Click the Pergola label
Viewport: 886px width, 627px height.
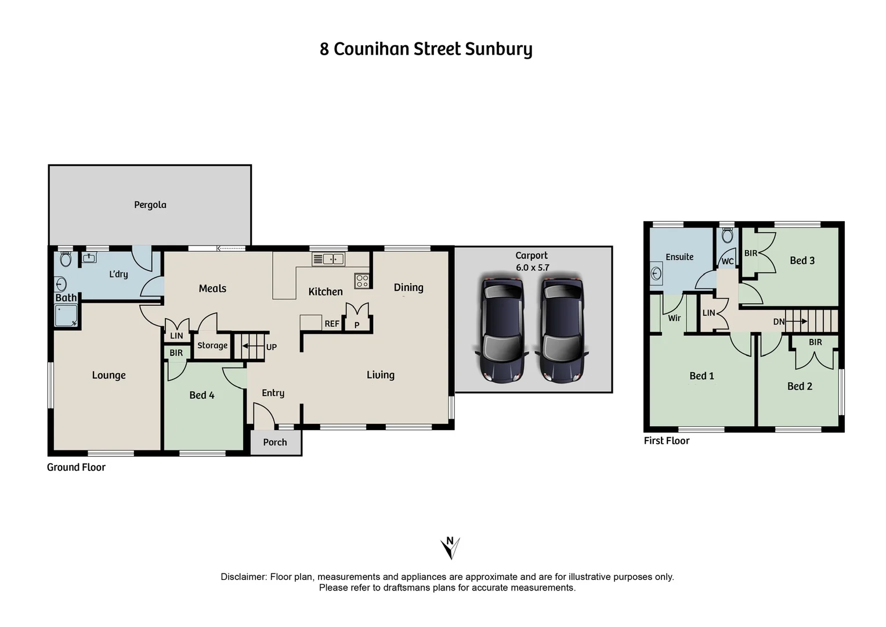[x=150, y=205]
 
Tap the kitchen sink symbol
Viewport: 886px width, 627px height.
[x=328, y=259]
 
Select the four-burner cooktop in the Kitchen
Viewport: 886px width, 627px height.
[x=362, y=282]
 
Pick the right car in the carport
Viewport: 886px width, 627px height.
[x=562, y=329]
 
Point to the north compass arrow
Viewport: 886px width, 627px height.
[x=450, y=547]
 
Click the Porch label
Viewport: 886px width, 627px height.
[x=275, y=442]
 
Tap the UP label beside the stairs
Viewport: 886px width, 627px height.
[x=272, y=347]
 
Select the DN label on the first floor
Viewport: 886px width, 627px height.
[x=779, y=322]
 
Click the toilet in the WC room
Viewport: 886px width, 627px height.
[x=728, y=235]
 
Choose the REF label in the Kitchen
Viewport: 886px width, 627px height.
[x=332, y=324]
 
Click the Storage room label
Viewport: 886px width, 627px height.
[x=212, y=345]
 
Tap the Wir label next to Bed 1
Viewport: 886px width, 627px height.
[x=674, y=318]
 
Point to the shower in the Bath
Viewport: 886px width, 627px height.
[x=65, y=316]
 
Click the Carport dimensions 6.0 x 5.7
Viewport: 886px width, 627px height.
[x=532, y=268]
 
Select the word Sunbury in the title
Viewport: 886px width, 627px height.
[x=498, y=49]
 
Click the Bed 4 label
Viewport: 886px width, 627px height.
[x=202, y=395]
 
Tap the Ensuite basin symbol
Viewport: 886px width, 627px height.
[x=656, y=273]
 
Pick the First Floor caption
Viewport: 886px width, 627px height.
[x=667, y=441]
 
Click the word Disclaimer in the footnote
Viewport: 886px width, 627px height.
[x=243, y=577]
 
